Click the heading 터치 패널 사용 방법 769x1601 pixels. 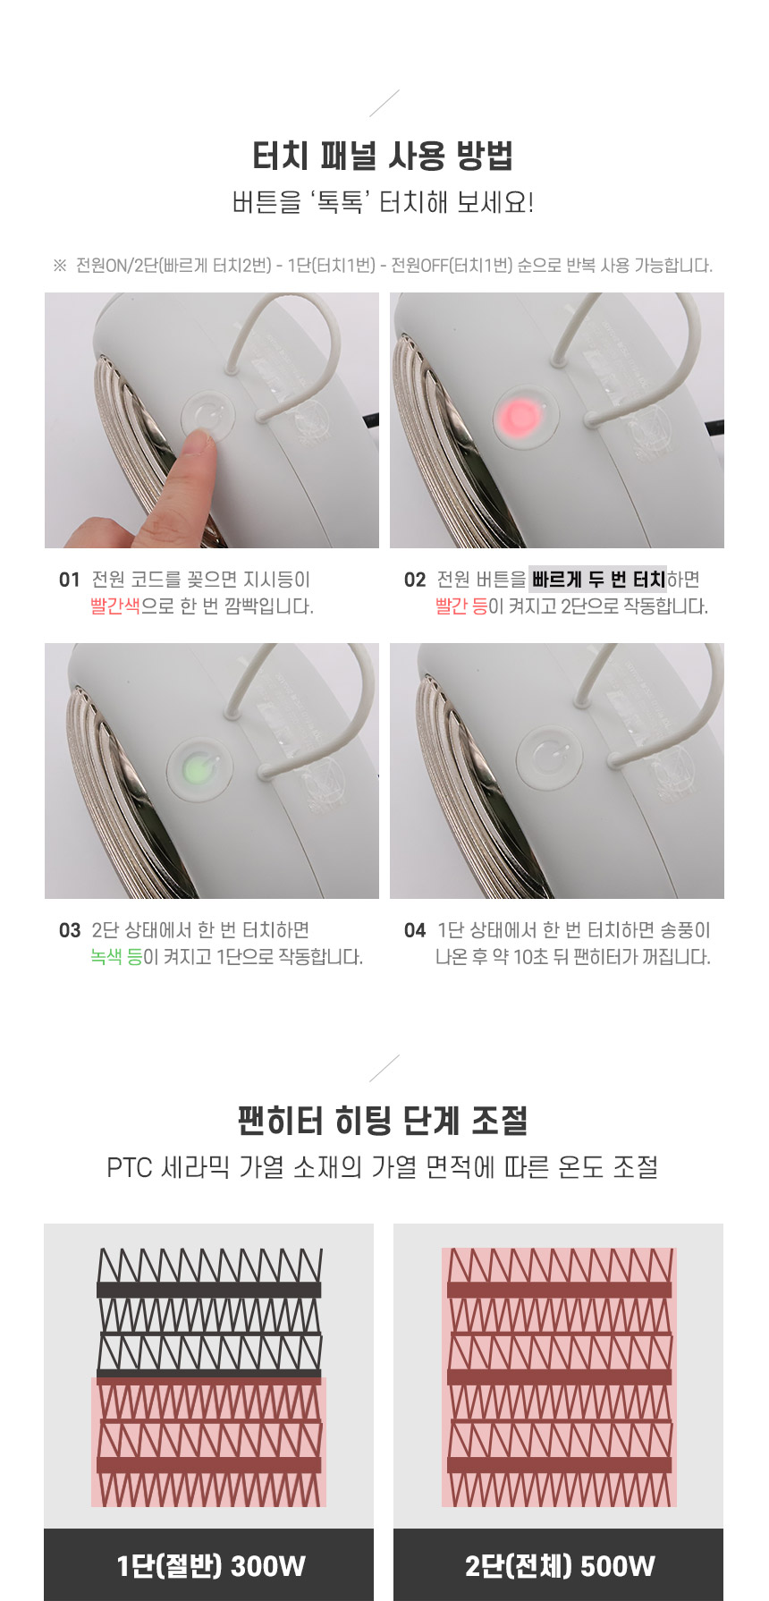coord(383,156)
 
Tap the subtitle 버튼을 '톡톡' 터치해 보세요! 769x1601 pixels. coord(383,202)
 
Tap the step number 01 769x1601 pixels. coord(69,580)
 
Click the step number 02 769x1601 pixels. coord(414,580)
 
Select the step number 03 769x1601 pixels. coord(69,930)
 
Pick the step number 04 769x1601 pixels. coord(414,930)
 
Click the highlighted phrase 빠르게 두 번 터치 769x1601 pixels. coord(598,580)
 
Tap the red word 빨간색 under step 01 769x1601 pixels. coord(115,606)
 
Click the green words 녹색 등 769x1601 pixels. coord(116,957)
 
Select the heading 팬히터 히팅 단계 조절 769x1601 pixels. coord(383,1120)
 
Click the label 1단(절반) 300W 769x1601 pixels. coord(211,1565)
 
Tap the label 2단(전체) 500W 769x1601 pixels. coord(560,1565)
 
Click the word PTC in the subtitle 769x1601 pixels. coord(130,1167)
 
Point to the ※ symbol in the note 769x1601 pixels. coord(60,266)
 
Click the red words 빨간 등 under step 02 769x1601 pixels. coord(461,606)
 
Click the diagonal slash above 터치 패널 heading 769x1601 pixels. coord(384,103)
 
